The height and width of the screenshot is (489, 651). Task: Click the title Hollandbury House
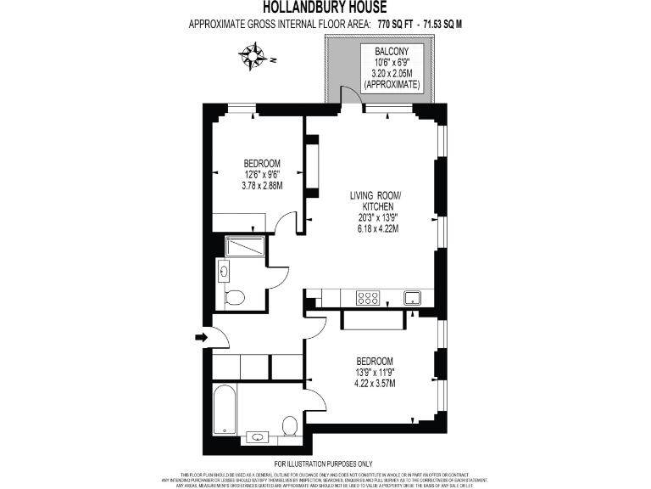click(x=325, y=8)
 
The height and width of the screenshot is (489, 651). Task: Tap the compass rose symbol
click(x=252, y=58)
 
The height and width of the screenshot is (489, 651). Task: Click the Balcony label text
click(x=391, y=52)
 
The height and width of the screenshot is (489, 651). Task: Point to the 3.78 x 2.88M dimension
click(x=262, y=185)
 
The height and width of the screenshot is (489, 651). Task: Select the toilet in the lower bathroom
click(x=289, y=424)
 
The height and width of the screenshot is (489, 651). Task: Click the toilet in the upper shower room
click(x=235, y=297)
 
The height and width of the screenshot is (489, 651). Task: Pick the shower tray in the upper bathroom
click(x=246, y=247)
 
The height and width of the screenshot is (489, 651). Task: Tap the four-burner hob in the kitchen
click(x=368, y=298)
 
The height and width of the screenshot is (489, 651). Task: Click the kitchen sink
click(x=413, y=297)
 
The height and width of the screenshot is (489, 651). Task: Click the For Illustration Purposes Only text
click(x=325, y=464)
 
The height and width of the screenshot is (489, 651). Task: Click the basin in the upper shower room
click(x=225, y=272)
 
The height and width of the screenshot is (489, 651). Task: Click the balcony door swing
click(x=348, y=94)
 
